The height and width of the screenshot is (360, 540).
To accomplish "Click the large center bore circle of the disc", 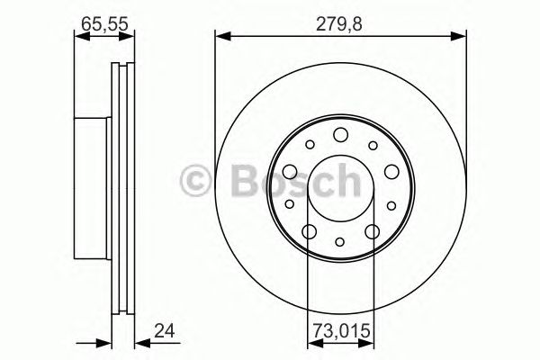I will (340, 189).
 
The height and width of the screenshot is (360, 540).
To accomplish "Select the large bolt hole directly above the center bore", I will (340, 136).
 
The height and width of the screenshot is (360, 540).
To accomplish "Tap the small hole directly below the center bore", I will (340, 241).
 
